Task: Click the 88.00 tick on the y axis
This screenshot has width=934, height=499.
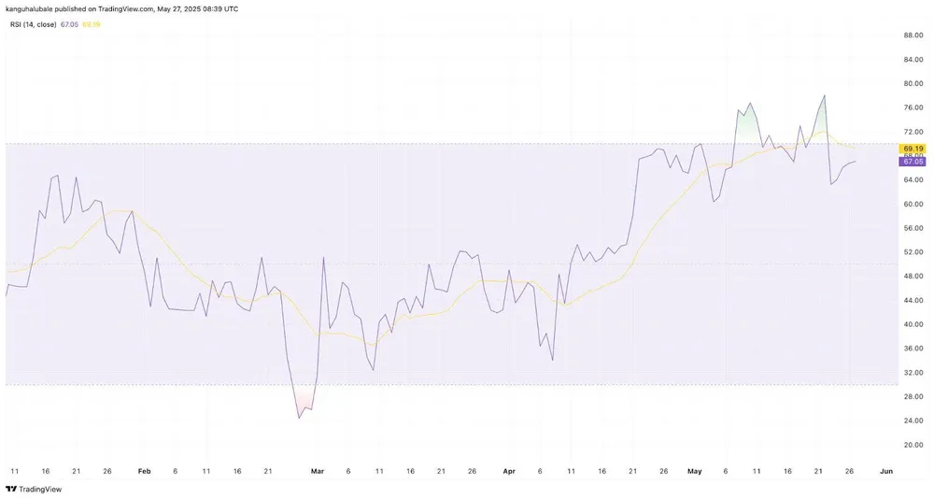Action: click(x=913, y=36)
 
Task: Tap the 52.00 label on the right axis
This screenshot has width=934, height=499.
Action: click(x=913, y=252)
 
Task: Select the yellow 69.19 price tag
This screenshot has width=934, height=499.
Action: click(x=912, y=149)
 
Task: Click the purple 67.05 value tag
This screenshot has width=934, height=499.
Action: click(x=912, y=162)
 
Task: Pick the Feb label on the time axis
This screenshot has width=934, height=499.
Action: click(x=143, y=471)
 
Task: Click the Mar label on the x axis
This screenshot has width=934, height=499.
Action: click(x=316, y=471)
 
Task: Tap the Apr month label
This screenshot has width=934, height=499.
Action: click(x=509, y=471)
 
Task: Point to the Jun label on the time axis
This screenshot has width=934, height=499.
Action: click(x=885, y=471)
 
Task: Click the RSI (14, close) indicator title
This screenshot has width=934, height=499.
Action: click(x=30, y=24)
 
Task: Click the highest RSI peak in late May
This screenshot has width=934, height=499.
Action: click(x=824, y=95)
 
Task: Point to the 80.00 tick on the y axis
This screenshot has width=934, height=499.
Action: click(x=913, y=84)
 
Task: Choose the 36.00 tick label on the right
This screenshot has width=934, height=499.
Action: click(x=913, y=349)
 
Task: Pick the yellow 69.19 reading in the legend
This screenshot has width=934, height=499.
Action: click(x=91, y=24)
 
